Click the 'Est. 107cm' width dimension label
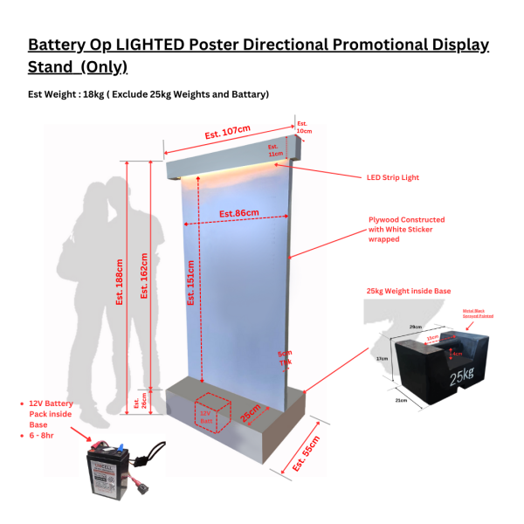(x=227, y=133)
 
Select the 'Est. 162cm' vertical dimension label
(x=145, y=275)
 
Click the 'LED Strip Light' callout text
(x=392, y=177)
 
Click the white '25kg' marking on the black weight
(x=462, y=377)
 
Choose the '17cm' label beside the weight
(x=382, y=358)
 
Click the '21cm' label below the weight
(x=402, y=400)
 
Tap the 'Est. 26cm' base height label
(x=136, y=403)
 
